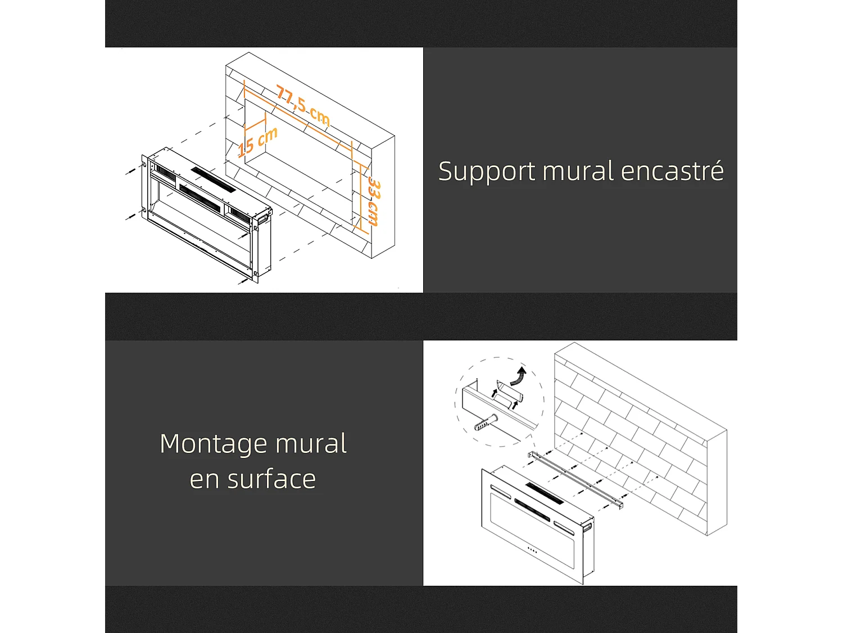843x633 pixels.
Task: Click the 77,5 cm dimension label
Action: click(x=303, y=106)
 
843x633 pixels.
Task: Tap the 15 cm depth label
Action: click(x=257, y=142)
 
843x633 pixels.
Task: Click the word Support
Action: click(x=487, y=172)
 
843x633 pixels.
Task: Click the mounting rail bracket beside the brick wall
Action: click(x=576, y=481)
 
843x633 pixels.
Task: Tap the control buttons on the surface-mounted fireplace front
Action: click(x=532, y=550)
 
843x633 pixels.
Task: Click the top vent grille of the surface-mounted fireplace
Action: click(x=545, y=493)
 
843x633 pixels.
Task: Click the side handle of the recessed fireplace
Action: click(x=264, y=218)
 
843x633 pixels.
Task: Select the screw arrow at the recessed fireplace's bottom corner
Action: click(x=243, y=281)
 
